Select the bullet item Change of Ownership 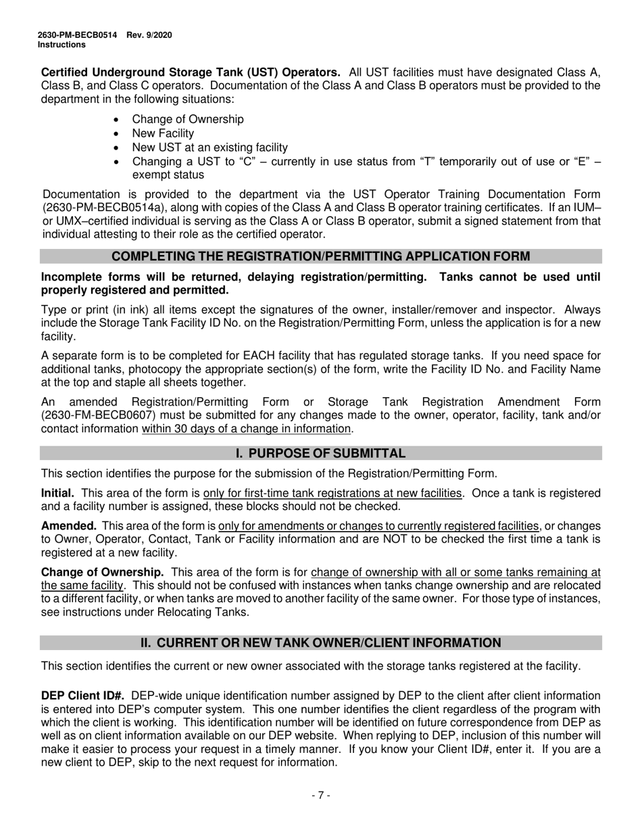188,119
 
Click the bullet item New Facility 163,133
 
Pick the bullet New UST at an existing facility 209,147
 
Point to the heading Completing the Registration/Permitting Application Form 320,256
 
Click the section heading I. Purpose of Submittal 320,453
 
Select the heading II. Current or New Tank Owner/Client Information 320,643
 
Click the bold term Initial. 57,493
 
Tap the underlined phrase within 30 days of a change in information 247,429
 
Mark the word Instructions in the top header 61,45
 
